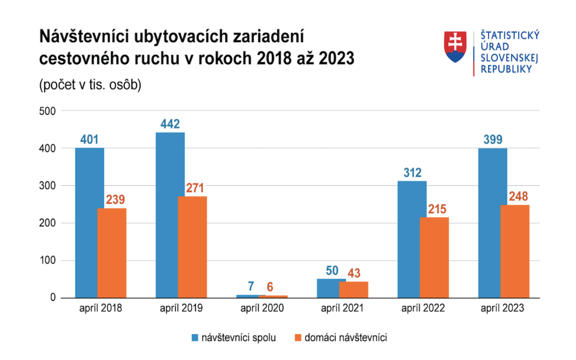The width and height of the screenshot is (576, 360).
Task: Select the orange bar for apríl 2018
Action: (111, 253)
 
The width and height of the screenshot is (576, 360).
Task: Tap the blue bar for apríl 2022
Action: (412, 239)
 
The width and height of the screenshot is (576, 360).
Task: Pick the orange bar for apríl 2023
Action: (515, 251)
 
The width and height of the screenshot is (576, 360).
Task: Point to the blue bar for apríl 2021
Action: (331, 288)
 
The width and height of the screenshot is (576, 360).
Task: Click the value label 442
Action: (170, 124)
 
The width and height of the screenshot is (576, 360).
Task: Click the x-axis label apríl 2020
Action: (261, 308)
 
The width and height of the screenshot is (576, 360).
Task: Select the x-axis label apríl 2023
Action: (502, 308)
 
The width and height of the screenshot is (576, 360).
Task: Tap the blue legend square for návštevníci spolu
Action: (195, 338)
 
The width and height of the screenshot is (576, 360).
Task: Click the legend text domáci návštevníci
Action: (346, 338)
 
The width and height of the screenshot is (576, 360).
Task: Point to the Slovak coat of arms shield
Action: (455, 47)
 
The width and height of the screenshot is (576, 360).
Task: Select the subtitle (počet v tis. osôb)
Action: (90, 85)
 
